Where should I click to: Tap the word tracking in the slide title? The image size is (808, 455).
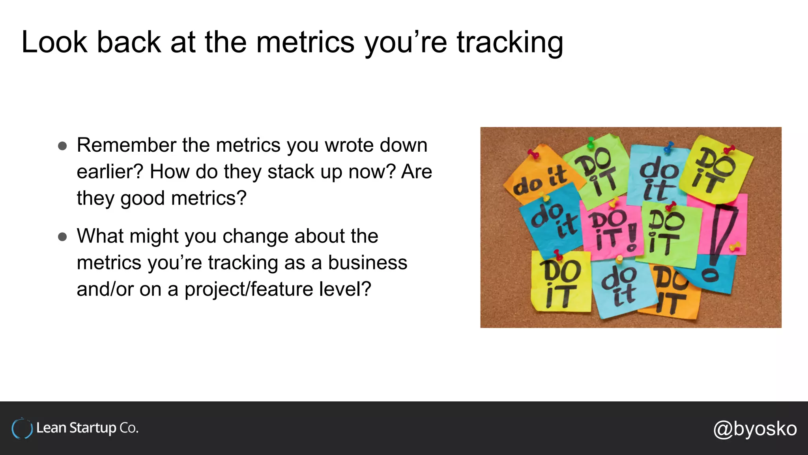coord(510,43)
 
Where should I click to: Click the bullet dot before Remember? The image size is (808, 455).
coord(62,146)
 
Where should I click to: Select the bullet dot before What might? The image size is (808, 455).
coord(62,237)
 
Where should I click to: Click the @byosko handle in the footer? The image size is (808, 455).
coord(755,429)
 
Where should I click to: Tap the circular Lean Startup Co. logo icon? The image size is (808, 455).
coord(22,429)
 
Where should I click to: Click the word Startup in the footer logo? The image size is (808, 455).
coord(93,428)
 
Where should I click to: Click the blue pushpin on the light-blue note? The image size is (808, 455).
coord(669,147)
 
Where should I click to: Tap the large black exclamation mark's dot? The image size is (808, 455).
coord(710,275)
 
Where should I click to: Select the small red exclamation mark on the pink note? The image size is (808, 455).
coord(632,237)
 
